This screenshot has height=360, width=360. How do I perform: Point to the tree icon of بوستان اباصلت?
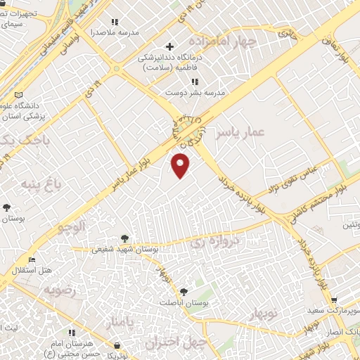click(184, 291)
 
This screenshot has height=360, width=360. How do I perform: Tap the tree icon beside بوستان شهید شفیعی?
click(125, 238)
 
